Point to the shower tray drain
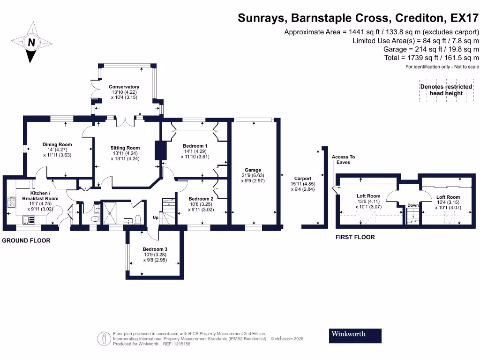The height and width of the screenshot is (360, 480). pyautogui.click(x=110, y=212)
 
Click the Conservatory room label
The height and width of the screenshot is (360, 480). pyautogui.click(x=124, y=87)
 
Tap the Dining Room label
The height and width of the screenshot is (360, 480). pyautogui.click(x=57, y=144)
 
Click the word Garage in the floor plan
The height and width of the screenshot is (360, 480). pyautogui.click(x=253, y=170)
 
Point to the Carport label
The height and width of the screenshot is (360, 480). pyautogui.click(x=302, y=178)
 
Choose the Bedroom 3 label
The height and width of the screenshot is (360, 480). pyautogui.click(x=155, y=249)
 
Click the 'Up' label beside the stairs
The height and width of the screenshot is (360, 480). pyautogui.click(x=155, y=217)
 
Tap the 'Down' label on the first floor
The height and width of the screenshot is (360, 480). pyautogui.click(x=413, y=205)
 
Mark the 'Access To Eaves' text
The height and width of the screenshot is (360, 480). pyautogui.click(x=343, y=159)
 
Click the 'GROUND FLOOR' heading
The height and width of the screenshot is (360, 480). pyautogui.click(x=26, y=240)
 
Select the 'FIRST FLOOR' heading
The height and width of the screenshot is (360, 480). pyautogui.click(x=355, y=237)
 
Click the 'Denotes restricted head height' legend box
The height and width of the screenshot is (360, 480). pyautogui.click(x=446, y=90)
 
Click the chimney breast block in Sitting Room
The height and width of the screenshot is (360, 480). pyautogui.click(x=160, y=150)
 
